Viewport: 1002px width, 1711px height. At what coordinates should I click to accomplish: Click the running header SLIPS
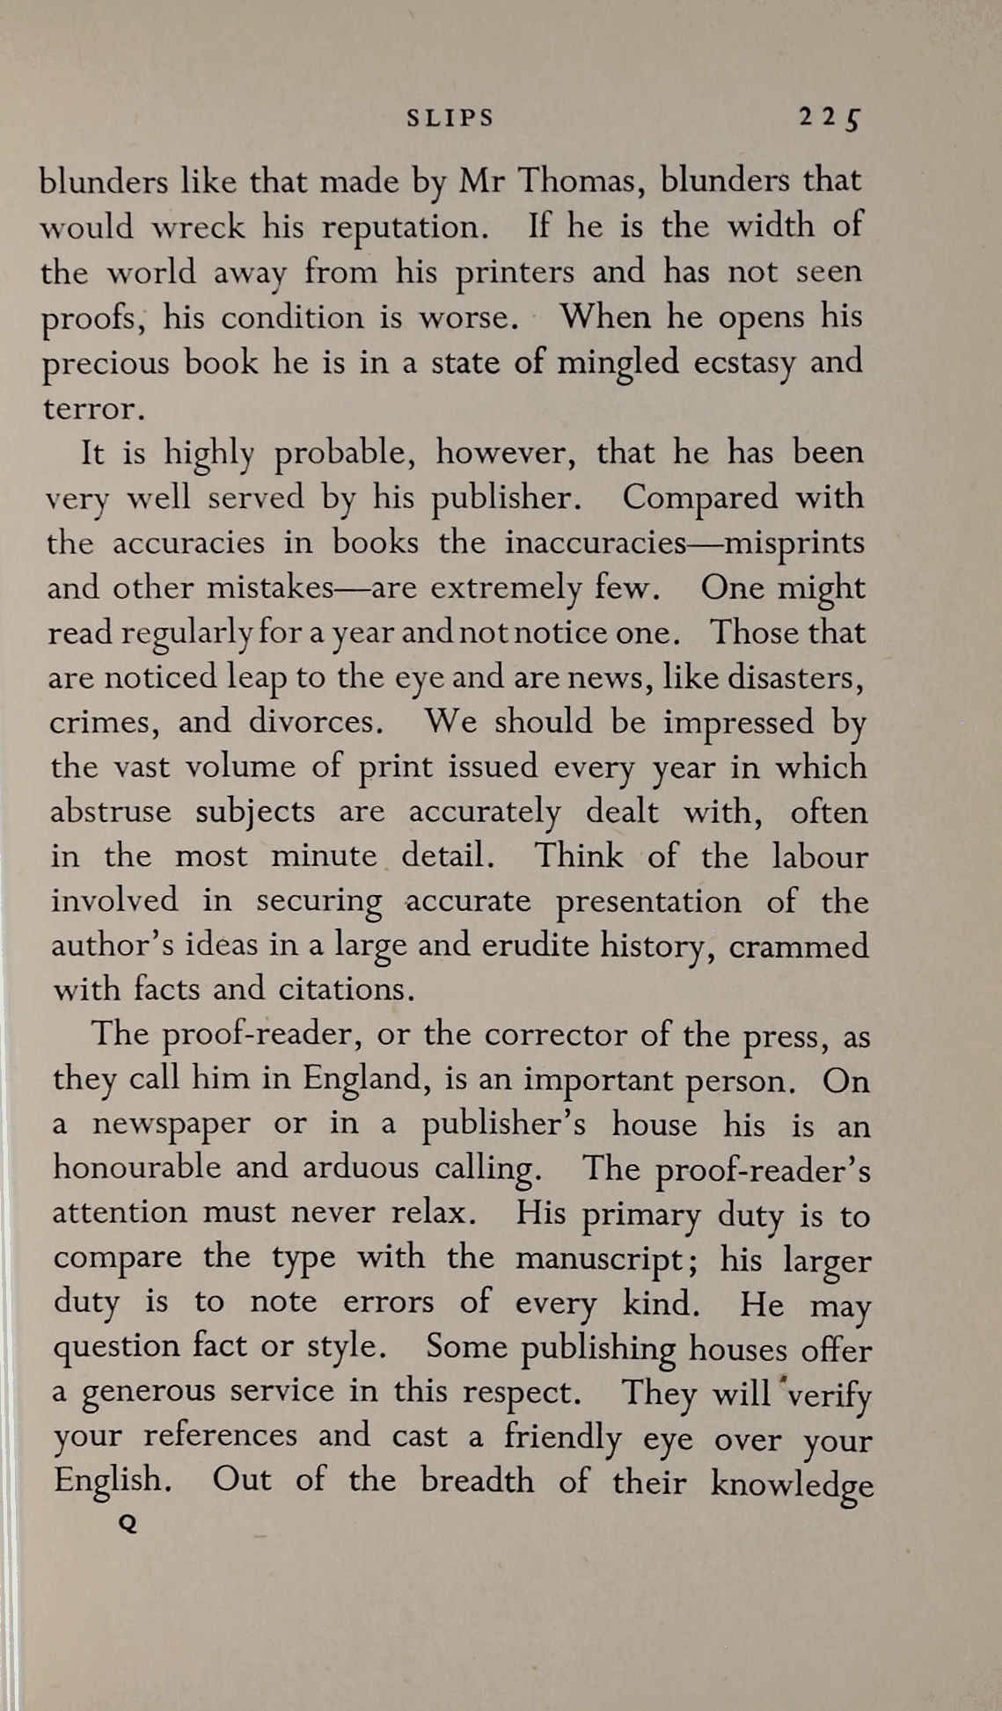[450, 118]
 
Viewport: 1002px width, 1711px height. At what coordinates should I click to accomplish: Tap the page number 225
[830, 118]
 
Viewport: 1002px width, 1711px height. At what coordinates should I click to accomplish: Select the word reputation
[406, 228]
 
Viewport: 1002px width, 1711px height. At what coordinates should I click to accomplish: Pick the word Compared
[700, 498]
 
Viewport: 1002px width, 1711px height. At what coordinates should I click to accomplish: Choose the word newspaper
[171, 1125]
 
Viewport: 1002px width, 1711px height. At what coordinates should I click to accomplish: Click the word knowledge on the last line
[792, 1483]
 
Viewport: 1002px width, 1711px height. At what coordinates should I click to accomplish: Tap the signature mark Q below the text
[128, 1524]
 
